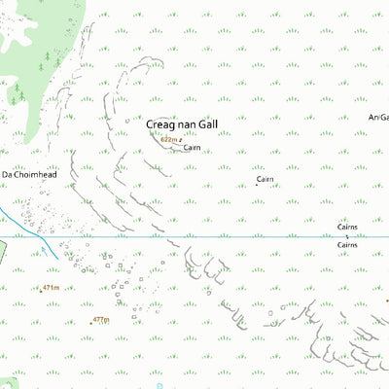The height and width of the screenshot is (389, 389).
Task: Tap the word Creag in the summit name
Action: pos(161,124)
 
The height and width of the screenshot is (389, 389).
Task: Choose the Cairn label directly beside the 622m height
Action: pos(191,147)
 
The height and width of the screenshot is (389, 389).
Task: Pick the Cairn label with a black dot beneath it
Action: pos(265,179)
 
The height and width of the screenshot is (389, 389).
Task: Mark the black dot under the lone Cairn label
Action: pos(258,186)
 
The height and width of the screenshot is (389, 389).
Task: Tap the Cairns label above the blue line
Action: pos(348,227)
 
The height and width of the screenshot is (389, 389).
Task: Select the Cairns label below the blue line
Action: pos(348,244)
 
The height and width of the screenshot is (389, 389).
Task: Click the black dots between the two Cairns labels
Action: pos(347,236)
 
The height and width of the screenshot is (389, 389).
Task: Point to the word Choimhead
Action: pos(30,173)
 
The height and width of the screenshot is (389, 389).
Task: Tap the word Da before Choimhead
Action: pos(6,173)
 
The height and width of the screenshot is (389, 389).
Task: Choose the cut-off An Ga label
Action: pos(378,117)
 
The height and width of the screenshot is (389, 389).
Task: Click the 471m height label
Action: pos(51,288)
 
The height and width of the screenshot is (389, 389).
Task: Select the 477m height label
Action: pos(100,320)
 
